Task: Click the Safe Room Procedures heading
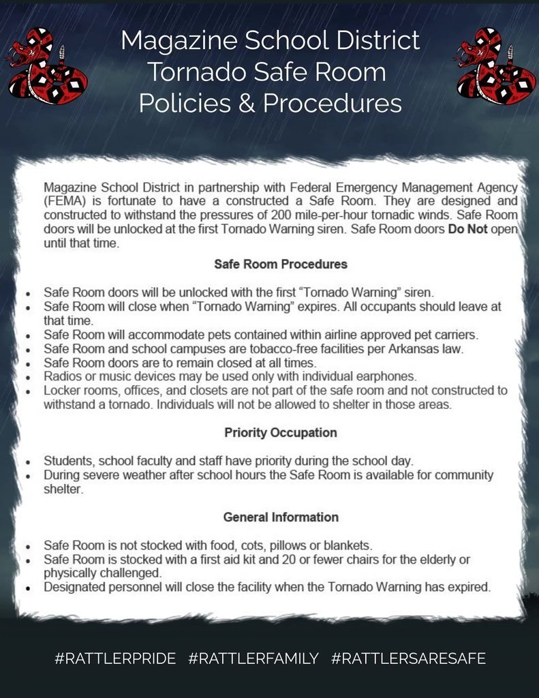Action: [x=280, y=264]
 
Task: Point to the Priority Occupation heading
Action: [x=280, y=433]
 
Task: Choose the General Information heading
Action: [x=280, y=517]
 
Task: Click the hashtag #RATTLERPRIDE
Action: [x=115, y=658]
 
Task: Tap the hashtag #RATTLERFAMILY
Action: [x=253, y=658]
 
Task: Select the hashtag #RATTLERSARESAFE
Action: [x=408, y=658]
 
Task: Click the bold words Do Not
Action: [x=467, y=229]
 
